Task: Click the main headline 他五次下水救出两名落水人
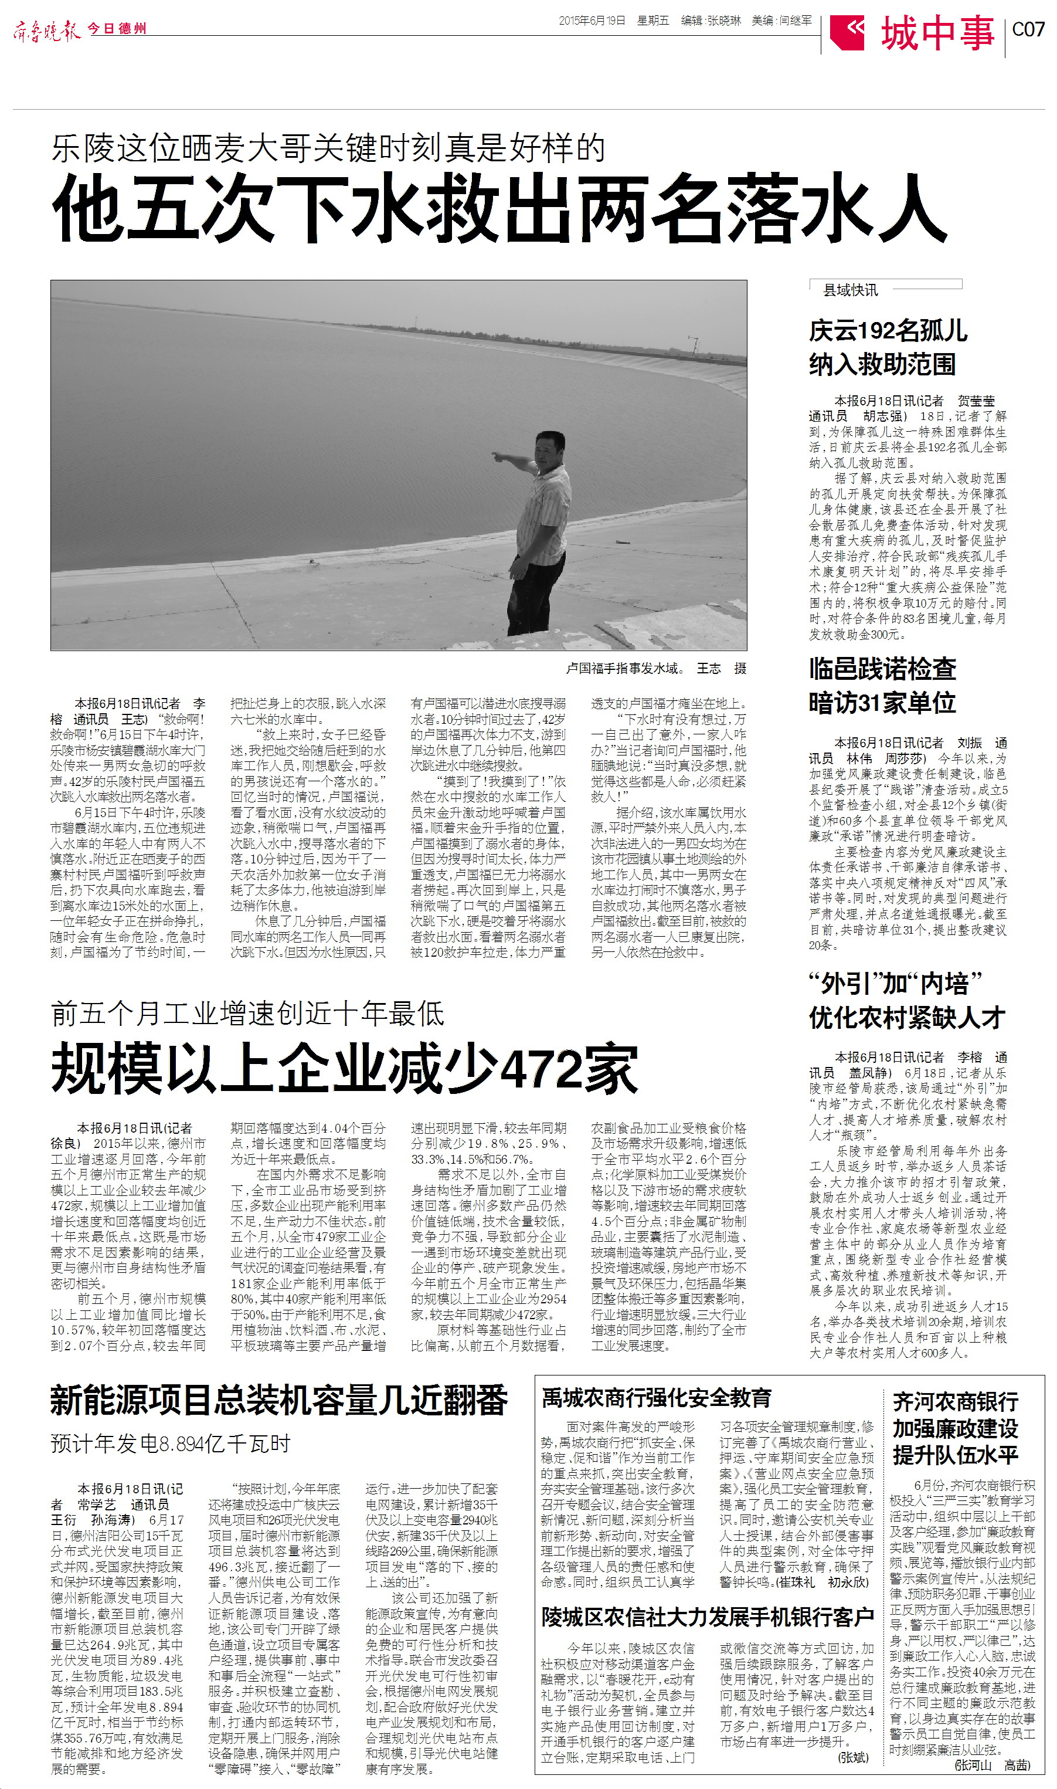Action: point(498,208)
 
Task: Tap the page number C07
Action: point(1028,30)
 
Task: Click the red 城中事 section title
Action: point(937,33)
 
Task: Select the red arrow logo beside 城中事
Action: point(848,32)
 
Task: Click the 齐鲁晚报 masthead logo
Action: point(47,30)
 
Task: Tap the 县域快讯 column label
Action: point(851,290)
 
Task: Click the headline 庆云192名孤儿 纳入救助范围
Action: point(888,348)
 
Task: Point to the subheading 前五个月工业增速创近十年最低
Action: point(247,1013)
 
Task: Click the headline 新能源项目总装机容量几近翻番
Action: point(278,1400)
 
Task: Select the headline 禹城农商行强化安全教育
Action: point(656,1398)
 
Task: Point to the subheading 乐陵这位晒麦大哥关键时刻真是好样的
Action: point(328,148)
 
